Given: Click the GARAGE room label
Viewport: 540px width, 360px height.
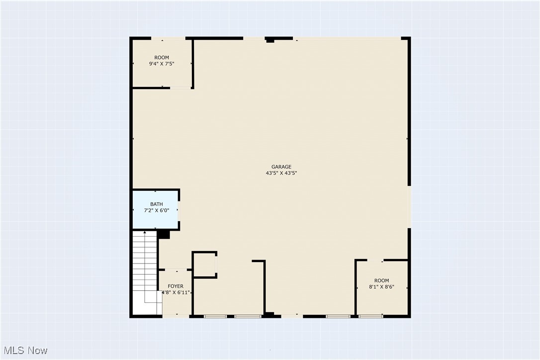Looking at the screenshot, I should [x=281, y=167].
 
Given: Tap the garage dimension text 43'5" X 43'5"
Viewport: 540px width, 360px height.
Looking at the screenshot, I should [x=281, y=174].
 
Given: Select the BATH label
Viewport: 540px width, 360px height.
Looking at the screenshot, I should [x=156, y=204].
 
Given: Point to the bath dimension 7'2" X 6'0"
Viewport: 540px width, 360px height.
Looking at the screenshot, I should [x=156, y=210].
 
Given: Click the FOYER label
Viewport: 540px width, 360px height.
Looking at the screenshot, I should [x=176, y=286].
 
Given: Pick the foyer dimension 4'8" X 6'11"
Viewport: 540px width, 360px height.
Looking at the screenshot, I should [x=176, y=292].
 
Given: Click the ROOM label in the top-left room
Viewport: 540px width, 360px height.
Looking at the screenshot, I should [x=162, y=58].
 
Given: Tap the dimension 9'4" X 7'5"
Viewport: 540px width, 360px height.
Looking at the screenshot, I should [x=162, y=64].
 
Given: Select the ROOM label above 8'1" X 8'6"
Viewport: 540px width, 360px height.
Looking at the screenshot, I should [x=382, y=280].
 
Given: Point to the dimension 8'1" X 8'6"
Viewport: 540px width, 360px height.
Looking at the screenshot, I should [x=382, y=287].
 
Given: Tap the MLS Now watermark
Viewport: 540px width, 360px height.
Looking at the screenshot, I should [x=24, y=351].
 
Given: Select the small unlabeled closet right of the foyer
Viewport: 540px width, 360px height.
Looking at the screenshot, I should [x=204, y=265].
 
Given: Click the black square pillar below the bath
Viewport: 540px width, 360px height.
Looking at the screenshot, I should [x=164, y=235].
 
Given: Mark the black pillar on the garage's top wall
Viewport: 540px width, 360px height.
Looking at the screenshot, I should [x=270, y=40].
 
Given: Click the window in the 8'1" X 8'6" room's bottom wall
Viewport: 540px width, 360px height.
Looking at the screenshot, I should [x=370, y=316].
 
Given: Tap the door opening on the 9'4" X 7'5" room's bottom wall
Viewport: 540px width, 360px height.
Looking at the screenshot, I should [x=181, y=88].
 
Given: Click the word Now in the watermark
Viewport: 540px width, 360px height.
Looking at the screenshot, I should [x=37, y=351].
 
